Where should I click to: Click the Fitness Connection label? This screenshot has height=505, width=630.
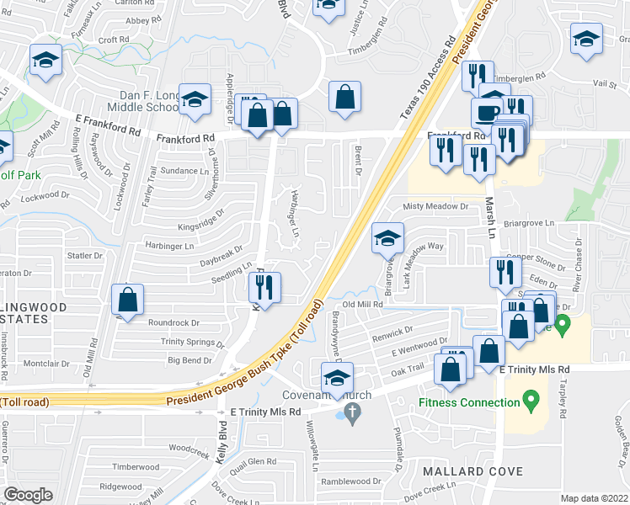coord(469,402)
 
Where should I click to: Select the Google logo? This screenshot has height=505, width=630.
coord(29,495)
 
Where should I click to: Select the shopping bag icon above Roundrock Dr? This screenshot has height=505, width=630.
coord(127,300)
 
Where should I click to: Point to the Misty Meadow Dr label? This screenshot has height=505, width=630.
coord(435,206)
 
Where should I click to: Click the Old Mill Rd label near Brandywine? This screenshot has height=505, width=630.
coord(362,304)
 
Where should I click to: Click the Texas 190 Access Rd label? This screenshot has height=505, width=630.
coord(428,75)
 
